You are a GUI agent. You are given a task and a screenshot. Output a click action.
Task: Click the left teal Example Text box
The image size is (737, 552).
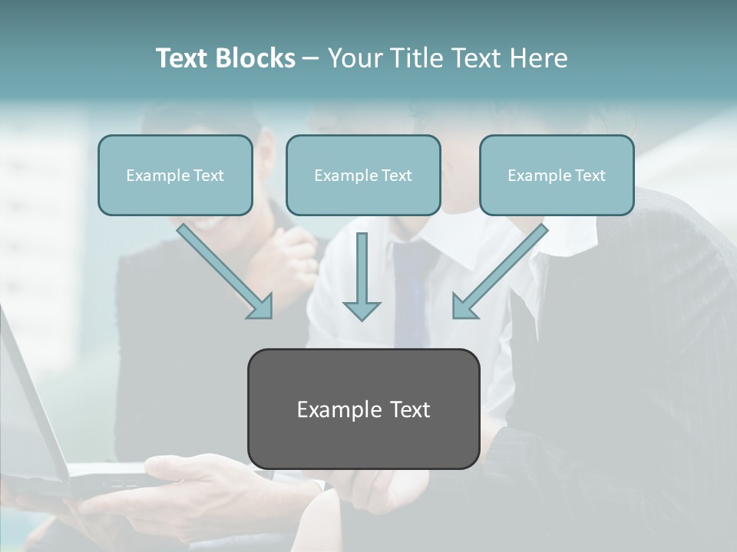(175, 175)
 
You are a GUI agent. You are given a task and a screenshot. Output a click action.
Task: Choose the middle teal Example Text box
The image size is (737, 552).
(363, 175)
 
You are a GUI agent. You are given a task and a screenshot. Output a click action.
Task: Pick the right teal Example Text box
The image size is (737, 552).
(557, 175)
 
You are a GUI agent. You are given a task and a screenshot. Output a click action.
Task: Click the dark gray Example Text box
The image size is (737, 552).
(363, 409)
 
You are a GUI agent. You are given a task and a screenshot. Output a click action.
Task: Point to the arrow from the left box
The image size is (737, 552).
(223, 268)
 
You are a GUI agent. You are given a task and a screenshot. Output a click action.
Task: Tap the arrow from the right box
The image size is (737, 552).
(503, 268)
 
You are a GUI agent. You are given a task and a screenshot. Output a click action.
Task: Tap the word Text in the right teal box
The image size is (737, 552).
(590, 175)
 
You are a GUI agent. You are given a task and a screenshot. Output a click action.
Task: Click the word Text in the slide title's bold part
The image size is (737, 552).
(183, 58)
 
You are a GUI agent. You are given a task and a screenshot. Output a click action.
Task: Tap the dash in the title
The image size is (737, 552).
(311, 58)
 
